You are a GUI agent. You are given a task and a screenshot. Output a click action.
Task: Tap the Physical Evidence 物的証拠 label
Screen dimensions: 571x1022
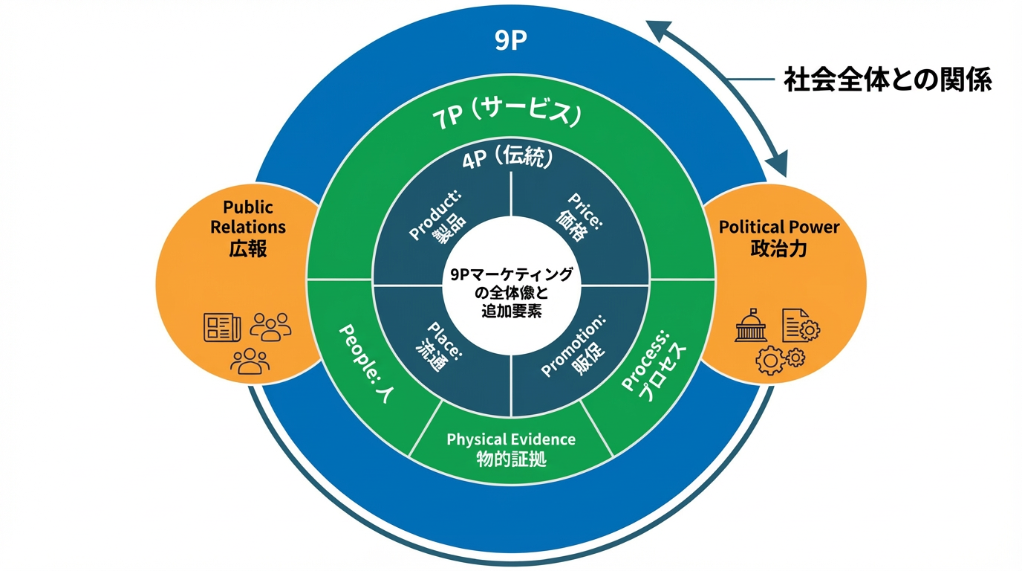tap(511, 448)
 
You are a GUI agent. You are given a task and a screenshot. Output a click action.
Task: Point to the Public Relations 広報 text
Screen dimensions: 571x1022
tap(248, 228)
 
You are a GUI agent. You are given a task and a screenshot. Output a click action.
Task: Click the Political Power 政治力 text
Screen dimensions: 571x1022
tap(778, 237)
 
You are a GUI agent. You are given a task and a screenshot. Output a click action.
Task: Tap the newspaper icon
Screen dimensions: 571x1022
tap(222, 326)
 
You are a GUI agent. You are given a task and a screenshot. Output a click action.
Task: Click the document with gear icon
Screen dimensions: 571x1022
tap(799, 326)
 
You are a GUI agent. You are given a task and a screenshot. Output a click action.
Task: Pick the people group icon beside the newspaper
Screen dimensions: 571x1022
tap(270, 326)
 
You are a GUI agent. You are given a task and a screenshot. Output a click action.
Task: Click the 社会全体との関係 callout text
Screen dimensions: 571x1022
tap(888, 80)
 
